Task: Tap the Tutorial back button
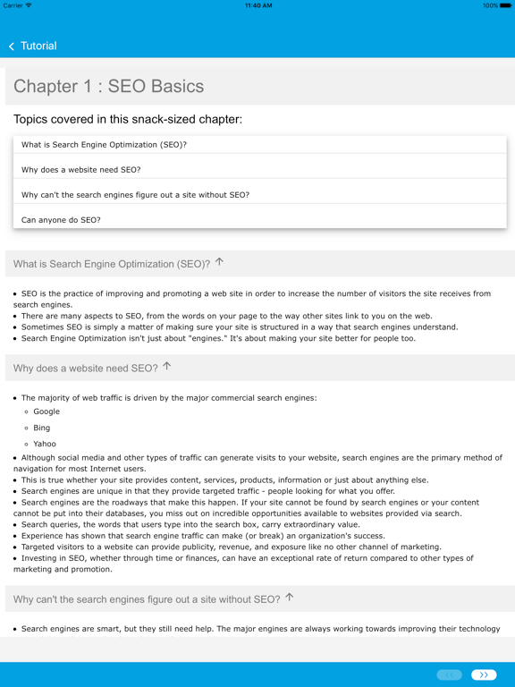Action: (32, 46)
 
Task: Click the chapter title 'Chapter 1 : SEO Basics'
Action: (108, 87)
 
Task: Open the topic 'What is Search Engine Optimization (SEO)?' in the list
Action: (104, 145)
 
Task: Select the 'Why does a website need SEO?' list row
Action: (80, 170)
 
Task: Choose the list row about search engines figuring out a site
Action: (135, 195)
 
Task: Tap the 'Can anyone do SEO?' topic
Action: (61, 220)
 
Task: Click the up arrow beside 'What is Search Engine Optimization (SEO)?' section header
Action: (219, 263)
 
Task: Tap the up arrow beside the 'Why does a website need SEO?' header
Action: (166, 367)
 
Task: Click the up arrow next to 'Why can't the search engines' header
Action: (289, 598)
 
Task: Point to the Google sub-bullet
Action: (46, 411)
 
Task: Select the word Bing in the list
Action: (42, 428)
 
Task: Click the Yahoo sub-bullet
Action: (45, 444)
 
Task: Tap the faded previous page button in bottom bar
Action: (450, 674)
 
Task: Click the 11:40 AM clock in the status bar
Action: (257, 5)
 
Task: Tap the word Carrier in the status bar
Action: (13, 5)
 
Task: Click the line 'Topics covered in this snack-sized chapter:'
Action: (128, 119)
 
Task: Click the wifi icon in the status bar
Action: (30, 5)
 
